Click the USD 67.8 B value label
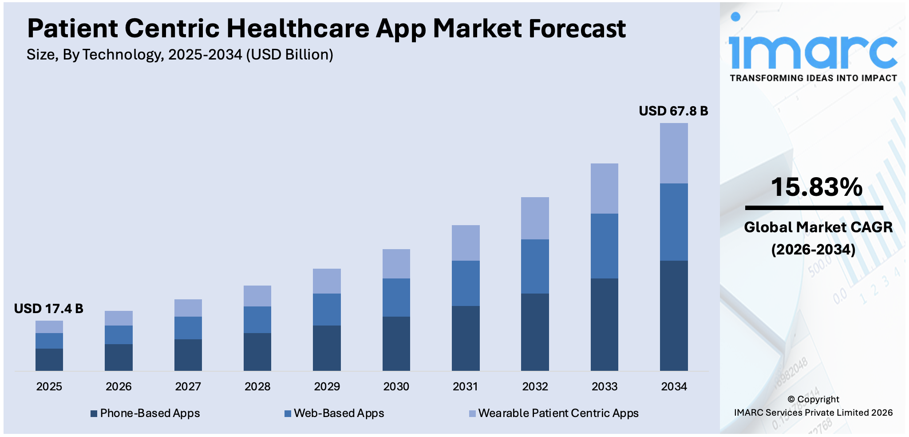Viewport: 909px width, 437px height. (x=673, y=111)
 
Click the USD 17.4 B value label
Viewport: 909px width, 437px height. (x=48, y=309)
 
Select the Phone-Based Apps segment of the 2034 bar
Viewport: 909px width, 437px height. (x=673, y=315)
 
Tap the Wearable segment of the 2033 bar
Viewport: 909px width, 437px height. (x=604, y=188)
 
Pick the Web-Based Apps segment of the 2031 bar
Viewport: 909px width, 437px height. (x=466, y=283)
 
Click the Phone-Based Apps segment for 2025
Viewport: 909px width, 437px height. (x=49, y=359)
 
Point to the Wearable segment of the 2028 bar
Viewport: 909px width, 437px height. (x=257, y=296)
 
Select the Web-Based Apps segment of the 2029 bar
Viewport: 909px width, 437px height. (x=327, y=309)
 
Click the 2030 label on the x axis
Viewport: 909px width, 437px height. (x=396, y=386)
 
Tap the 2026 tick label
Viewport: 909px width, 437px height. (x=119, y=386)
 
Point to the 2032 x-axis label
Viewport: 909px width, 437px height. (x=535, y=386)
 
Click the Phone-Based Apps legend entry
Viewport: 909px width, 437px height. (x=145, y=413)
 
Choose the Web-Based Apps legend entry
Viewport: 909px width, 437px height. (x=334, y=413)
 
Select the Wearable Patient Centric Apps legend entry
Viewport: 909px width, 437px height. (x=553, y=413)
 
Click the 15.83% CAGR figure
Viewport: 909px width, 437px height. (x=816, y=187)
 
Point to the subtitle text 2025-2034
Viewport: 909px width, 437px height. (x=205, y=55)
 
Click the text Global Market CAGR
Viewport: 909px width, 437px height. (x=818, y=227)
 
